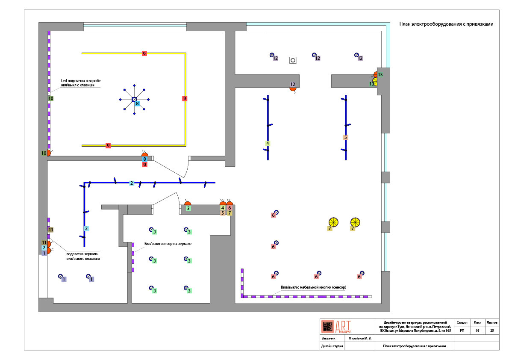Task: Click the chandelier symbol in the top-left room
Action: pos(134,99)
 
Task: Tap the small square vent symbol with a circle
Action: pos(293,60)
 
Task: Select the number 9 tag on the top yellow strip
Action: pos(144,53)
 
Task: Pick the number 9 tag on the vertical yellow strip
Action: pos(184,98)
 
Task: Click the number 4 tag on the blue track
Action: pos(268,143)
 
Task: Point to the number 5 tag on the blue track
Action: pos(345,137)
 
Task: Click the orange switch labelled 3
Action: pos(188,204)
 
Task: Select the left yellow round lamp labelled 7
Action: pos(333,222)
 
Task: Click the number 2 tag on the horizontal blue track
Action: pos(132,183)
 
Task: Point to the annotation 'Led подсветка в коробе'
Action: pos(81,80)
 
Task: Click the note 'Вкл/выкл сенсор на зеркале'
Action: pos(168,243)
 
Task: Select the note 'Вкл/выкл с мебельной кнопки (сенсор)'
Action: pos(314,287)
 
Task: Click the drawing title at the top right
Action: pos(446,24)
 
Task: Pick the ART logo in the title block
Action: pos(336,326)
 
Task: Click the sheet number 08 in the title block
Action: pos(477,330)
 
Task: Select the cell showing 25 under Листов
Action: pos(492,330)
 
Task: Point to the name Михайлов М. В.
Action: pos(360,338)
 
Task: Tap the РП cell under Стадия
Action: pos(462,330)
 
